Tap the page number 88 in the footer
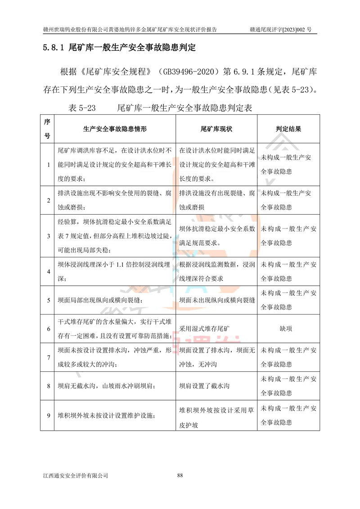click(x=180, y=475)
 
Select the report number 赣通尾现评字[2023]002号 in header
click(x=280, y=30)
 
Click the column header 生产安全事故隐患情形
click(x=115, y=129)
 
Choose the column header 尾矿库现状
click(x=216, y=129)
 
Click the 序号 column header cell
click(x=47, y=129)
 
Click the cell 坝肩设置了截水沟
click(x=205, y=386)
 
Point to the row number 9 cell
click(x=48, y=415)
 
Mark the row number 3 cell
click(x=48, y=236)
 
